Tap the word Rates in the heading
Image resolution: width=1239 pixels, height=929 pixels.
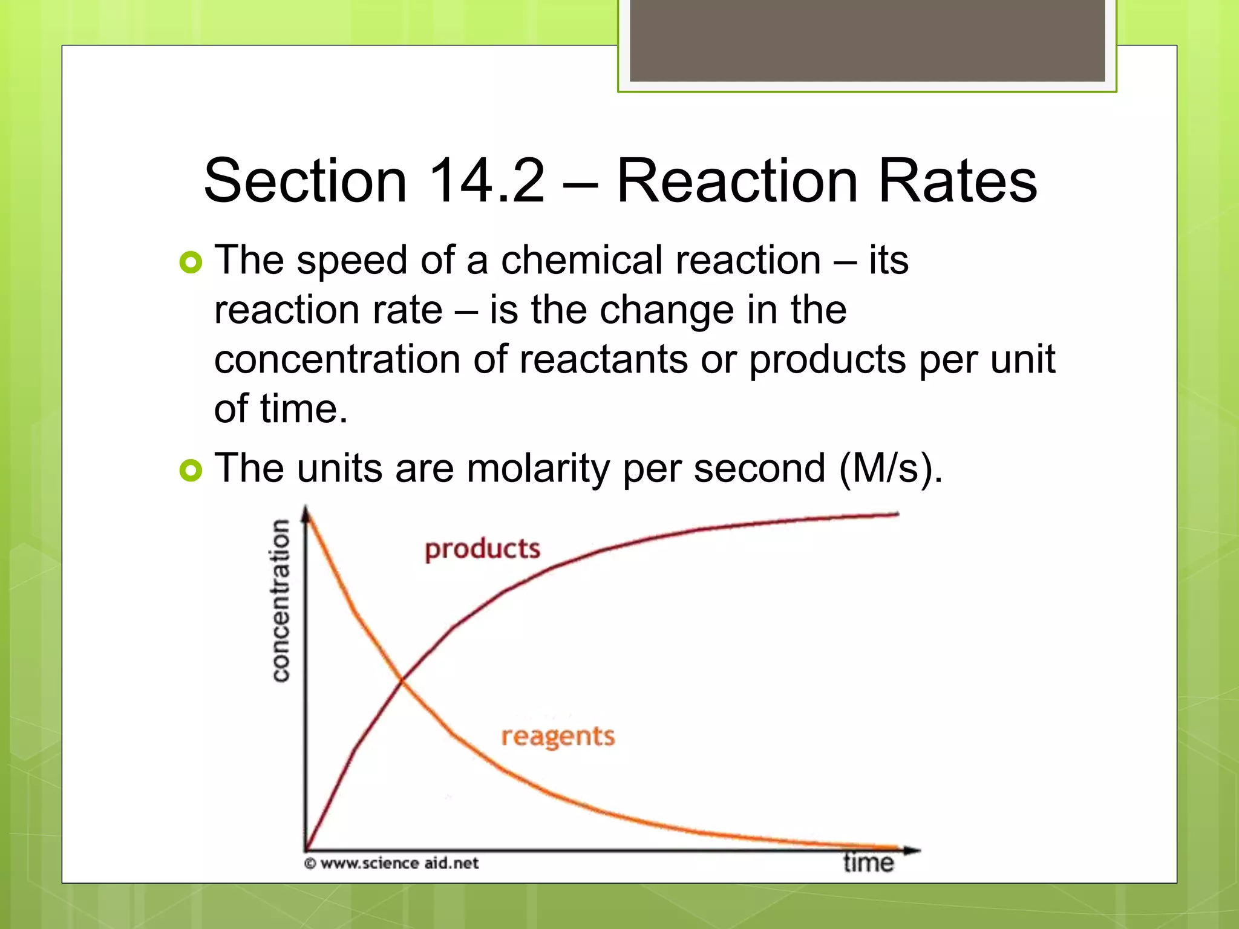pyautogui.click(x=957, y=181)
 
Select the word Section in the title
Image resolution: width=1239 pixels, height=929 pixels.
pyautogui.click(x=306, y=181)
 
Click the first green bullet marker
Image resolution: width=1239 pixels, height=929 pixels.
pyautogui.click(x=191, y=262)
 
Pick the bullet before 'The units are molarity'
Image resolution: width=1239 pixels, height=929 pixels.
pyautogui.click(x=191, y=470)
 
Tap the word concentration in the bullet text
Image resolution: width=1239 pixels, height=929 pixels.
pyautogui.click(x=337, y=360)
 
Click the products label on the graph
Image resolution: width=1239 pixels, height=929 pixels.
pyautogui.click(x=482, y=549)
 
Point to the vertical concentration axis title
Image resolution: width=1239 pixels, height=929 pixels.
pyautogui.click(x=281, y=600)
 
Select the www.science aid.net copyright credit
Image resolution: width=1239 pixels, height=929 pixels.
pyautogui.click(x=391, y=863)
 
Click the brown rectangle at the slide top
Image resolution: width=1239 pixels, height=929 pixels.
pyautogui.click(x=867, y=41)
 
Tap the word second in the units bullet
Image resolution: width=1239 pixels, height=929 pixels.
pyautogui.click(x=759, y=469)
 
